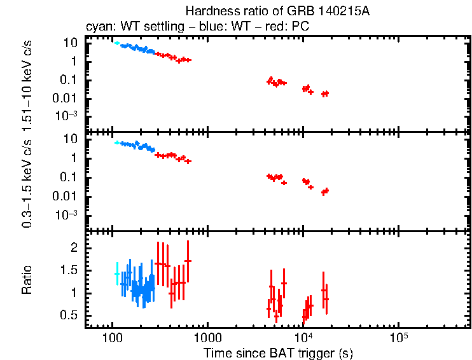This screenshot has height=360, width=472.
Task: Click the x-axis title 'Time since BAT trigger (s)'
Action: (x=278, y=352)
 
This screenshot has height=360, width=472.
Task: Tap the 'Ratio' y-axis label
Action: (x=27, y=280)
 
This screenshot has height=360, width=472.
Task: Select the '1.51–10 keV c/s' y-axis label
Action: (x=27, y=83)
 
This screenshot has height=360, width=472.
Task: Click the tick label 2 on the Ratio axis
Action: (x=73, y=247)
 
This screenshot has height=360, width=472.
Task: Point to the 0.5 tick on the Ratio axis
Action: (x=69, y=316)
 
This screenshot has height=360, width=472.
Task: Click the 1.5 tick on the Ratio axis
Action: (x=69, y=270)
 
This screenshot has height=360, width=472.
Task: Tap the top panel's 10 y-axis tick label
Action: (x=71, y=43)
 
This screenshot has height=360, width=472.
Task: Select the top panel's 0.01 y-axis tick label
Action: (x=66, y=97)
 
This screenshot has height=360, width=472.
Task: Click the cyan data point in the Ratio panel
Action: (x=116, y=273)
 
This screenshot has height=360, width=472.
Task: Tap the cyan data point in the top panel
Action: (x=116, y=43)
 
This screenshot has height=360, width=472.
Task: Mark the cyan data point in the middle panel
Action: (x=116, y=142)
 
